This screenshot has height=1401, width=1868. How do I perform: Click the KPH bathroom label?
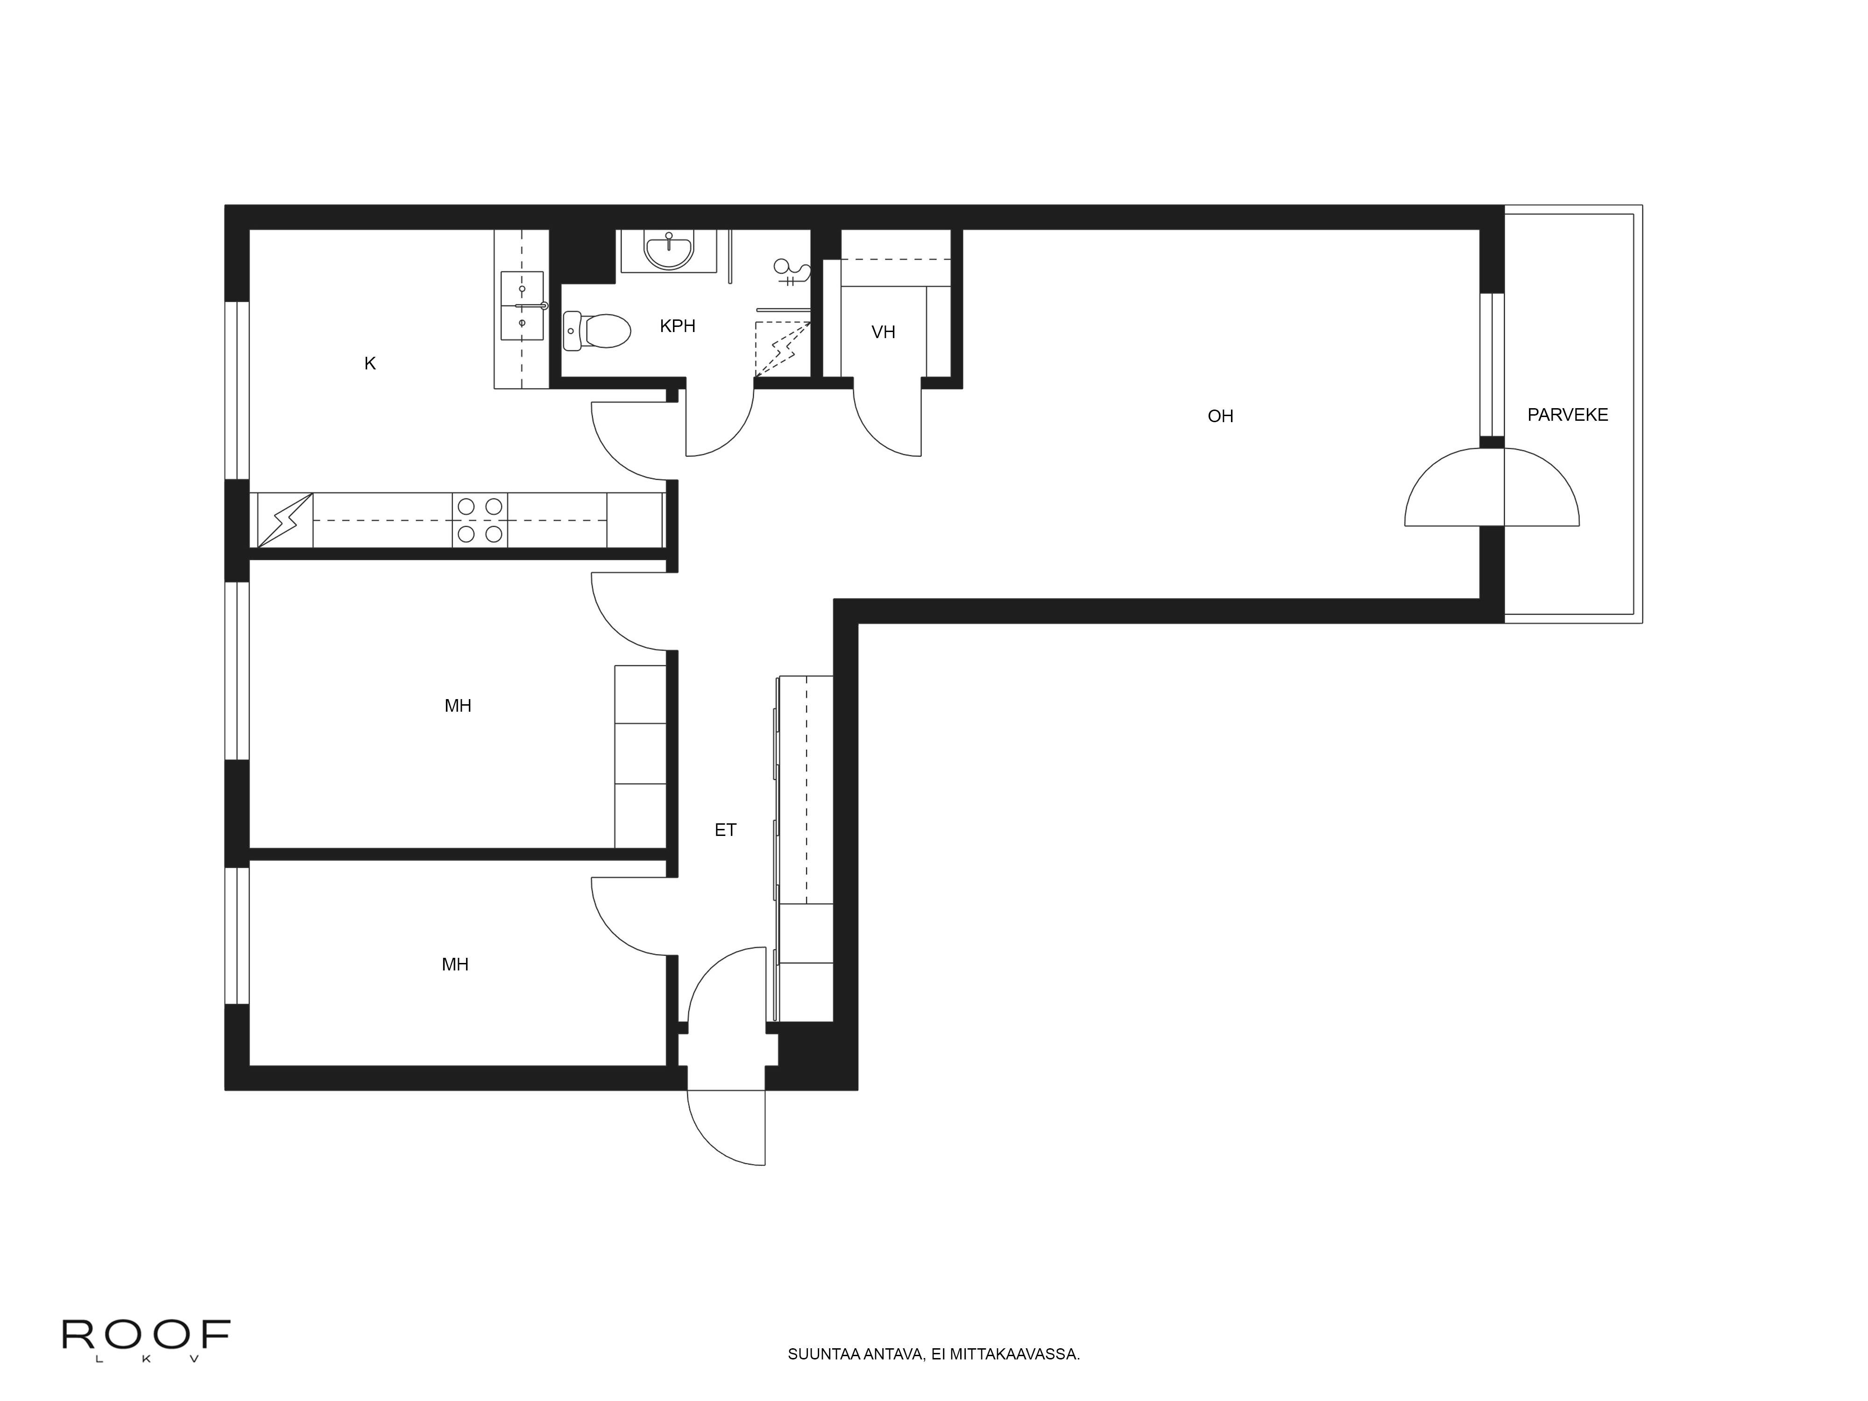click(x=677, y=326)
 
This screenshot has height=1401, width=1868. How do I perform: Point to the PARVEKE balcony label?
click(x=1567, y=415)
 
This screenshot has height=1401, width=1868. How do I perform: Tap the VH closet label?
click(x=884, y=332)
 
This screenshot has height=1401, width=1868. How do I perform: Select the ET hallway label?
click(x=725, y=830)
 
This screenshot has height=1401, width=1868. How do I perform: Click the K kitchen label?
click(x=370, y=363)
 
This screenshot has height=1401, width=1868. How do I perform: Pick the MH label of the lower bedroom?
click(x=455, y=964)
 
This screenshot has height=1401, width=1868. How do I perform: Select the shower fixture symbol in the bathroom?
click(x=791, y=272)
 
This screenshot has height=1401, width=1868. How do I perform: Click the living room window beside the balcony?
click(x=1492, y=364)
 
